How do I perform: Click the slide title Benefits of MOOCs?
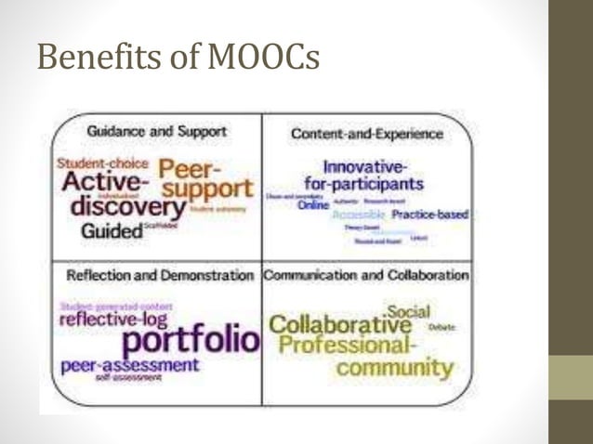[x=178, y=59]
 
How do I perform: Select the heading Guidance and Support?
[x=156, y=132]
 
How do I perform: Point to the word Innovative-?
[x=365, y=167]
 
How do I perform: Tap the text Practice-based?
[x=428, y=215]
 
